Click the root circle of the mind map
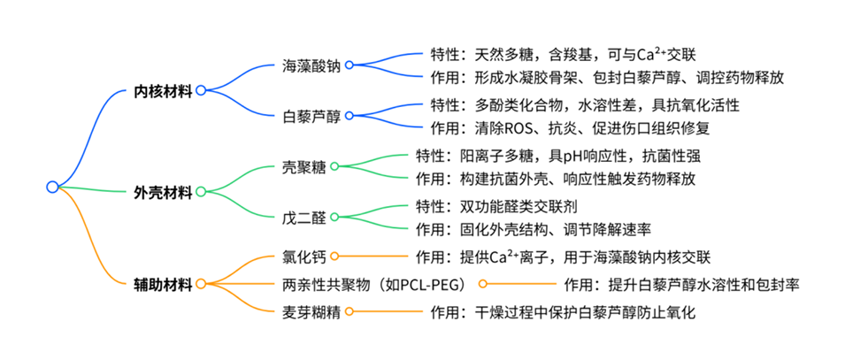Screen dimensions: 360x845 point(52,187)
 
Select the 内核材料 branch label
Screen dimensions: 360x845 point(163,90)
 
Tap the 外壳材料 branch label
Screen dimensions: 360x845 point(163,191)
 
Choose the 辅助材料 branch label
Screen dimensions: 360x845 point(163,284)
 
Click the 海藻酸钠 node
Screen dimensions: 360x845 point(311,65)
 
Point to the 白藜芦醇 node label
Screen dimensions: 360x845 point(311,116)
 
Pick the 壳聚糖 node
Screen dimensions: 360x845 point(303,166)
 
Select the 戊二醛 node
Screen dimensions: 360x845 point(303,217)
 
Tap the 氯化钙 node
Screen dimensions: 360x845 point(303,257)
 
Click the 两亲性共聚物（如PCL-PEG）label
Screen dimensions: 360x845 point(380,284)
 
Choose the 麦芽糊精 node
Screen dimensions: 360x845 point(311,311)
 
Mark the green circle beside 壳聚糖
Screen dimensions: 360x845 point(334,166)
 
